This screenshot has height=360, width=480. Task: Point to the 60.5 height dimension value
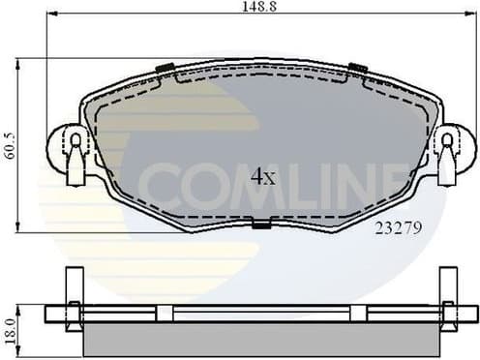coord(8,145)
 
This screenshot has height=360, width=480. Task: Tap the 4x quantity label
coord(263,176)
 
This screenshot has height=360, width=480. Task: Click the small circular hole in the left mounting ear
coord(75,139)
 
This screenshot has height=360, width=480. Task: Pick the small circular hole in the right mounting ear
coord(446,139)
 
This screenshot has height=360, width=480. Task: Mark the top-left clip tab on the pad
coord(165,68)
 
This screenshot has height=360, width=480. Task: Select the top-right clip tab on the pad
coord(358,68)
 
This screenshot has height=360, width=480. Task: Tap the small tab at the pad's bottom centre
coord(260,225)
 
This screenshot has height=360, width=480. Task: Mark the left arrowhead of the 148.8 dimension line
coord(49,14)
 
